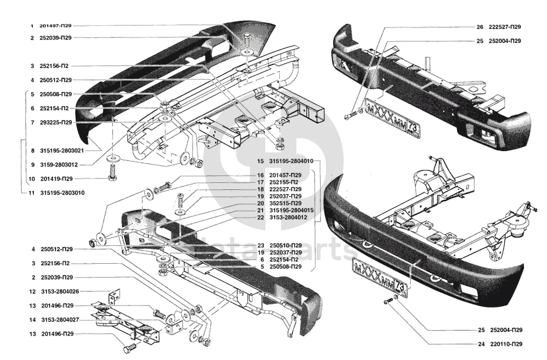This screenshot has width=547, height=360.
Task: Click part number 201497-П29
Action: pos(56,26)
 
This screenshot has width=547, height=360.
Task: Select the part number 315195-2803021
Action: pos(62,151)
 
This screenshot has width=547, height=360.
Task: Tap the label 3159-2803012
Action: pos(59,164)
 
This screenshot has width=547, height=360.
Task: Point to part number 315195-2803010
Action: pos(62,193)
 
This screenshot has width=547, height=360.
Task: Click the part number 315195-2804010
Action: pos(291,161)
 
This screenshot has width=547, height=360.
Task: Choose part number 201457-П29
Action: pos(285,175)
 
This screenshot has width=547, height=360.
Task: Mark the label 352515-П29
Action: pos(285,203)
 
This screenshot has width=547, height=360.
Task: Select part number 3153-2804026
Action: pos(60,291)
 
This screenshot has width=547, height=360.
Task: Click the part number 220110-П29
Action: pos(506,344)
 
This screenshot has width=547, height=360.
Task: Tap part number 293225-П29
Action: pos(56,122)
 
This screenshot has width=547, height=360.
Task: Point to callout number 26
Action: pos(480,27)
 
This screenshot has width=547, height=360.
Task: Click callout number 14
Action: pos(32,320)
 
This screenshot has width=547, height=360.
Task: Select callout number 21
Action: pos(261,210)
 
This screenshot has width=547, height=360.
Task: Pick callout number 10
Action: pos(32,179)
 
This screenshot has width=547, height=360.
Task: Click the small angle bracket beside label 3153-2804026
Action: pos(115,296)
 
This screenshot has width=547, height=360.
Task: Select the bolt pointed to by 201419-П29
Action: pos(113,173)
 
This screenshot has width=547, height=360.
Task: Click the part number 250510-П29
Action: pos(285,245)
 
